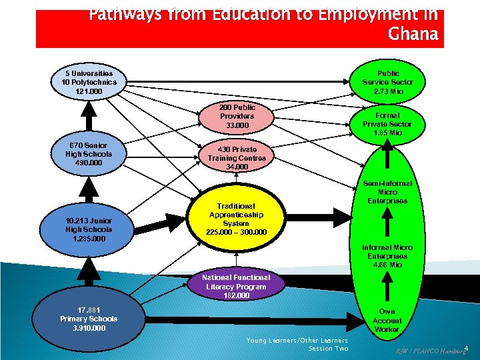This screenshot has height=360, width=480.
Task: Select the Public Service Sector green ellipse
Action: pos(388,82)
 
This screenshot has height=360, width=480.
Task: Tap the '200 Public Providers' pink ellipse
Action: pos(237,116)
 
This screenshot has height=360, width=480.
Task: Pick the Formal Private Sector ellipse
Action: pos(387,124)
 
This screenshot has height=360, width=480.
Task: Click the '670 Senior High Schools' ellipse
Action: pos(85,154)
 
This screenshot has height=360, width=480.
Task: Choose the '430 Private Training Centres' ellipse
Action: pos(237,158)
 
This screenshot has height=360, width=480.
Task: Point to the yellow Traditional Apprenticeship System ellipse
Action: pos(237,219)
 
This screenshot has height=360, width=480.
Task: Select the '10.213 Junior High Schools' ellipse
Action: pos(89,229)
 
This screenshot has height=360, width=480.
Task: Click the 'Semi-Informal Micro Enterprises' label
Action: pos(387,192)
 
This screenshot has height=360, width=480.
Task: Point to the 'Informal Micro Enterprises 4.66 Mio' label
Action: pos(387,256)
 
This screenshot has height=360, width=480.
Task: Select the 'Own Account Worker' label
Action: pos(387,320)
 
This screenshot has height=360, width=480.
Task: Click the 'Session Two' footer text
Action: pos(328,349)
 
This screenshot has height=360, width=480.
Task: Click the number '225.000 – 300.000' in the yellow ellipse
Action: pos(237,232)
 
